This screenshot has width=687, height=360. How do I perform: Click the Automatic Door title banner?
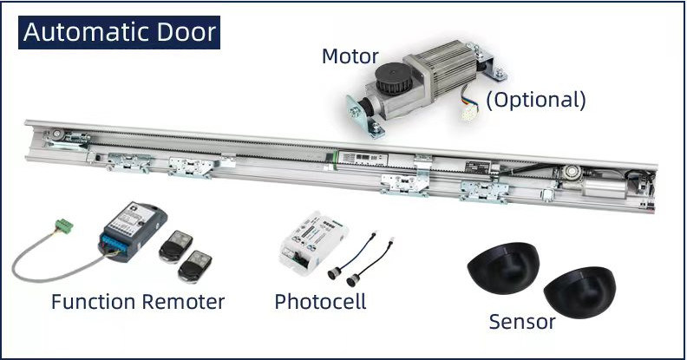tap(119, 32)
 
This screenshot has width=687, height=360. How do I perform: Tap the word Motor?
tap(350, 56)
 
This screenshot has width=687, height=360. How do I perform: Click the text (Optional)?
tap(536, 100)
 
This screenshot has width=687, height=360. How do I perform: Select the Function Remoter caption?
tap(138, 302)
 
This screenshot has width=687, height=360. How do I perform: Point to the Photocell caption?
tap(320, 301)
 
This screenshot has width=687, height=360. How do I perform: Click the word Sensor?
tap(522, 322)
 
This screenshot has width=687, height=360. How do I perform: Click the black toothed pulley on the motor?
tap(395, 78)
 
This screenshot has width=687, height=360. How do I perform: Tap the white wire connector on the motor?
tap(469, 112)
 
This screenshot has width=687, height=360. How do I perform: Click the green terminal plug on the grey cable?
tap(64, 226)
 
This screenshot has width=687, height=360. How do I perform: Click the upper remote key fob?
tap(175, 246)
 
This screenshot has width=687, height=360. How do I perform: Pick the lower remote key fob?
tap(194, 266)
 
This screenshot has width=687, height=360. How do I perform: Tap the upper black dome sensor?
tap(503, 267)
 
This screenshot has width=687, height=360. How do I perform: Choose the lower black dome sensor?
tap(579, 292)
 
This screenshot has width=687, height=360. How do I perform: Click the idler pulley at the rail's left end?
tap(56, 134)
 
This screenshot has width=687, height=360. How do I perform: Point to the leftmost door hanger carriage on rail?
tap(129, 162)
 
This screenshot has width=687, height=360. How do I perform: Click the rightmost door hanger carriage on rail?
tap(484, 192)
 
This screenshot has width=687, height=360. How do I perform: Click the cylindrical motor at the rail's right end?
tap(605, 188)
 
